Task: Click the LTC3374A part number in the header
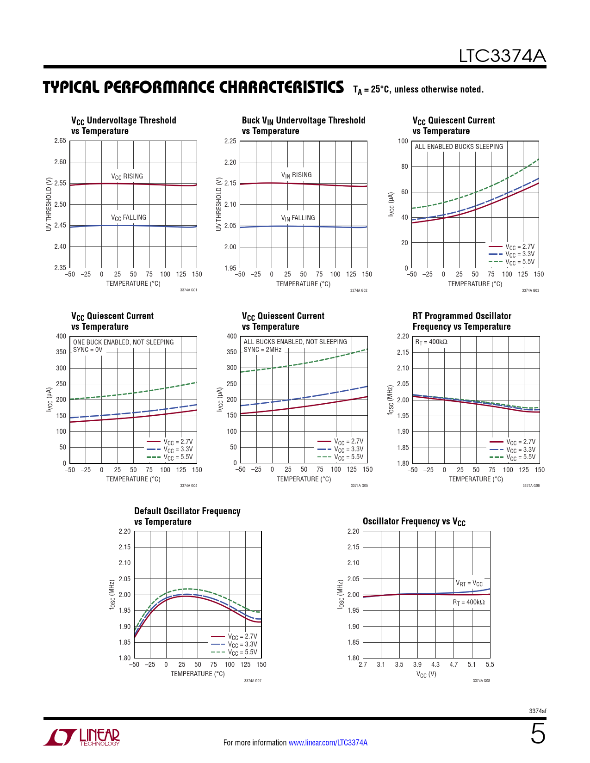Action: [502, 56]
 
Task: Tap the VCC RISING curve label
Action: [127, 176]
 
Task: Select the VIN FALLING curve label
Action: [298, 218]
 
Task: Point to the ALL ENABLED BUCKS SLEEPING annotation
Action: [459, 147]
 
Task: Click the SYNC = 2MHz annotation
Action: [262, 350]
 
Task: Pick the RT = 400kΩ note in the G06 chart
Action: [431, 342]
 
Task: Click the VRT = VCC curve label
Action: [469, 583]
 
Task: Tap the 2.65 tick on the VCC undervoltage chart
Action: [60, 141]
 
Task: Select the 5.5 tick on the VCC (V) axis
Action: [490, 665]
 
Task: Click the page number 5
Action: [538, 734]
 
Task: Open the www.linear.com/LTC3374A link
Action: [328, 743]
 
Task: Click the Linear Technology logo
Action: [82, 737]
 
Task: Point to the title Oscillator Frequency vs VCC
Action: [414, 522]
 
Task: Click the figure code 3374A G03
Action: [530, 290]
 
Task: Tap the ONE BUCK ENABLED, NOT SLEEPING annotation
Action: [123, 342]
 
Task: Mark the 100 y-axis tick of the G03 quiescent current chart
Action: [403, 141]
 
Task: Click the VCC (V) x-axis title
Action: [426, 674]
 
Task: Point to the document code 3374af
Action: [537, 711]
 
